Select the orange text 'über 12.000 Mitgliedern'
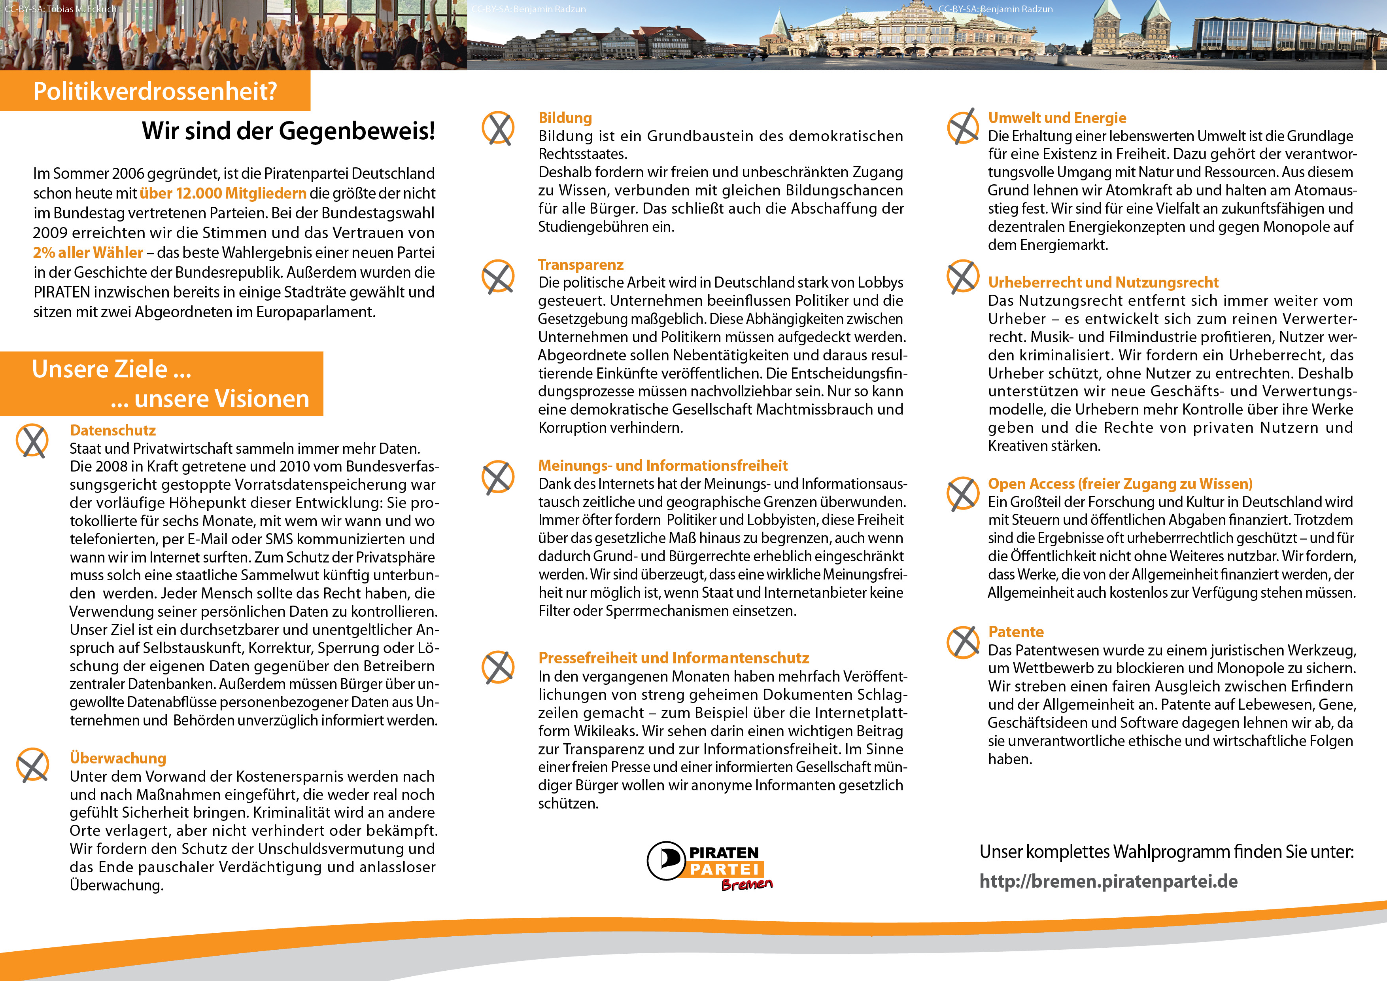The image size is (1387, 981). click(x=223, y=193)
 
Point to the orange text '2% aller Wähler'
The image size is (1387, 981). click(x=88, y=253)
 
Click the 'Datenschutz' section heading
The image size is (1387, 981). click(x=113, y=430)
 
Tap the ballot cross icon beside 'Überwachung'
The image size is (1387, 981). click(x=33, y=765)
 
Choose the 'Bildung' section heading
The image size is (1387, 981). click(x=565, y=118)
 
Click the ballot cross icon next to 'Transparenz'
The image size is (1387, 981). click(x=498, y=276)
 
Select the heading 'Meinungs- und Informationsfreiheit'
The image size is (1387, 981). click(x=663, y=466)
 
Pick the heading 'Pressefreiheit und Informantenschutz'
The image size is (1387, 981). click(x=674, y=658)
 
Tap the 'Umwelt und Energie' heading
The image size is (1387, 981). click(x=1056, y=118)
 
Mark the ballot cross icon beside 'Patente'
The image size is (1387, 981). click(x=963, y=642)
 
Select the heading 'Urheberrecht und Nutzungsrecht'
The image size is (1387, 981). click(x=1103, y=282)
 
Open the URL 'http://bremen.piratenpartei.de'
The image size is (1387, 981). click(x=1108, y=881)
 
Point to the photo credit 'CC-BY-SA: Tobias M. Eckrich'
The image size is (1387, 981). click(x=60, y=9)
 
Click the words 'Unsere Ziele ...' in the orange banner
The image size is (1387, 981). click(x=112, y=369)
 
